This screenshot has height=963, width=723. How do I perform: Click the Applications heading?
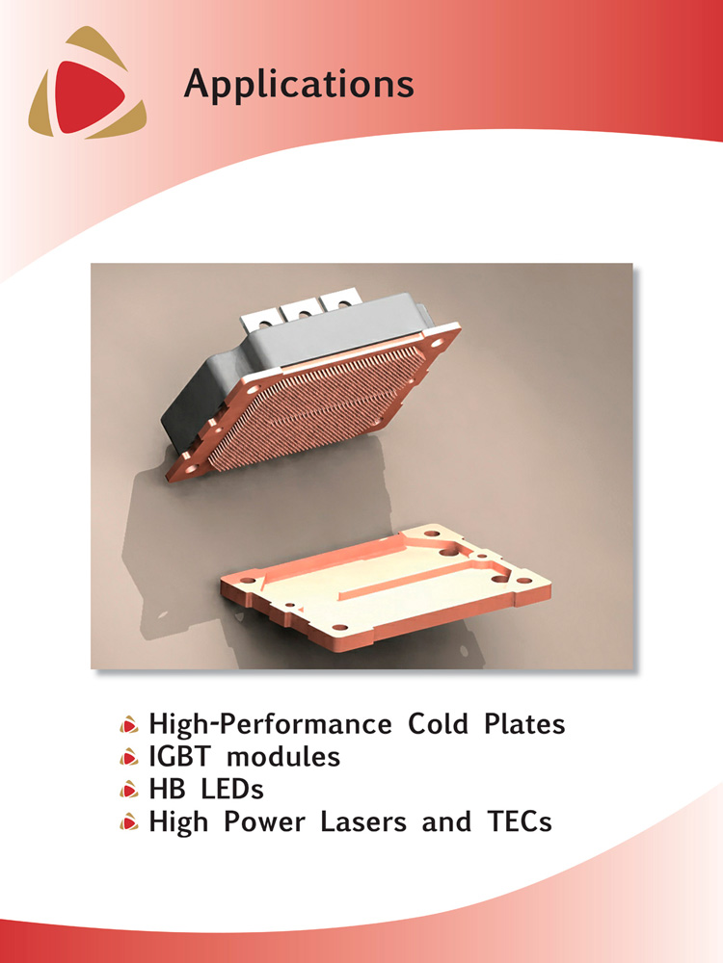[299, 84]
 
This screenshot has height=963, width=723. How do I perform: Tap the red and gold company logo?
[88, 82]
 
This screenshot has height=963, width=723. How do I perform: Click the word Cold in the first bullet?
[438, 723]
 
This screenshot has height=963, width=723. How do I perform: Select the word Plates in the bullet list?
[523, 723]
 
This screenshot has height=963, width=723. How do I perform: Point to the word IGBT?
[179, 756]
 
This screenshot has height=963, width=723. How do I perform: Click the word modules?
[283, 756]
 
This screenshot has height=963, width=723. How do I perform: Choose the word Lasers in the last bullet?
[363, 821]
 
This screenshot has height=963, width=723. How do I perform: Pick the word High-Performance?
[270, 723]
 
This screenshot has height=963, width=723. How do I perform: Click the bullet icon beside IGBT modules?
[128, 758]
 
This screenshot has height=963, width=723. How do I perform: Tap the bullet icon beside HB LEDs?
[128, 790]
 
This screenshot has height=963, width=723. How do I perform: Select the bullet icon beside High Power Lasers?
[128, 822]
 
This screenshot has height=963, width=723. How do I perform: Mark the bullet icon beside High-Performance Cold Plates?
[128, 725]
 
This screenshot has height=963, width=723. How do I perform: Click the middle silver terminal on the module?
[300, 313]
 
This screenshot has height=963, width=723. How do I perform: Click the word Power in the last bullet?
[263, 821]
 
